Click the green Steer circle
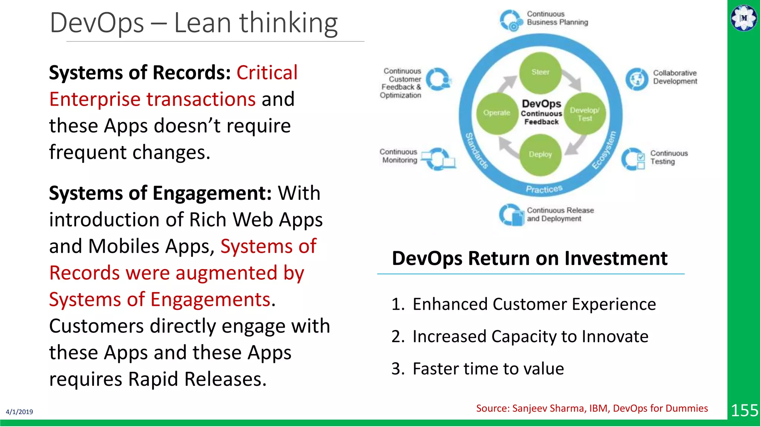pos(540,73)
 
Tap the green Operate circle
pos(497,113)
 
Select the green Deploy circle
pos(540,155)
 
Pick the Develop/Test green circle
pos(584,114)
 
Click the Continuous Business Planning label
pos(557,18)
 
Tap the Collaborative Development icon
pos(637,79)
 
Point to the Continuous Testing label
pos(668,158)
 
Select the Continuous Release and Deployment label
pos(560,215)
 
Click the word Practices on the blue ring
pos(544,189)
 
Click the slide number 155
pos(744,411)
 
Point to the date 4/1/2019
pos(19,412)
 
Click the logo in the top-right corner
pos(744,18)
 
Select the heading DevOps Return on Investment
pos(530,258)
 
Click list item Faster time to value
pos(488,369)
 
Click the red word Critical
pos(267,73)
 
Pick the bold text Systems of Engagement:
pos(160,193)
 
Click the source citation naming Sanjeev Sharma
pos(592,408)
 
